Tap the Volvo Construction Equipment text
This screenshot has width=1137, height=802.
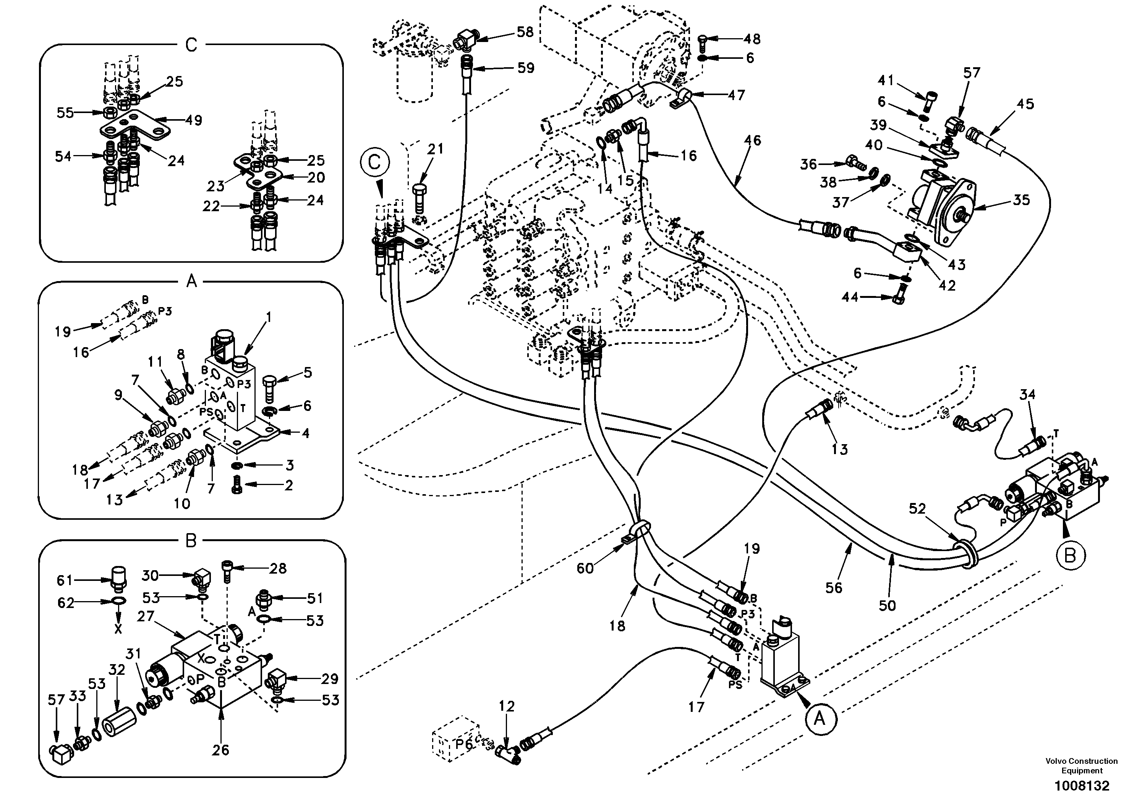click(1082, 765)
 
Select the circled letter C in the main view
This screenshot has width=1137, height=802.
click(374, 162)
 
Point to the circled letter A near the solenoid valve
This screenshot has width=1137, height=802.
click(820, 718)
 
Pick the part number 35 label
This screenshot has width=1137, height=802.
click(1021, 200)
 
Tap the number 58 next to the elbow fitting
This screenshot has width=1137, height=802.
click(525, 32)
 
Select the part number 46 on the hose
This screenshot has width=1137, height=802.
click(752, 140)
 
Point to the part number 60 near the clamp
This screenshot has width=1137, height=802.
click(585, 568)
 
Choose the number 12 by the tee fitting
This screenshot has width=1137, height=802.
click(507, 707)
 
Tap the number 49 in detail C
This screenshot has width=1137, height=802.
click(194, 120)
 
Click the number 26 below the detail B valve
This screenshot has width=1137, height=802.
click(220, 750)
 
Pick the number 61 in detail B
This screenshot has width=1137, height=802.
click(65, 580)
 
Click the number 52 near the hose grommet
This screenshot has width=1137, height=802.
click(917, 508)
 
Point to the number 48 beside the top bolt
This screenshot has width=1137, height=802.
click(752, 39)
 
